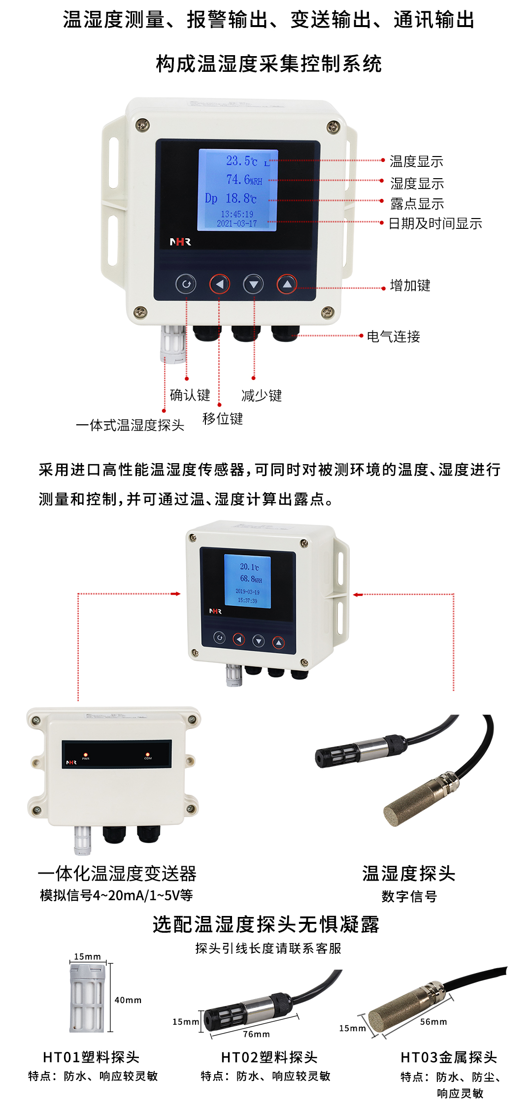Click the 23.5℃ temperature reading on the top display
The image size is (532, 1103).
tap(241, 161)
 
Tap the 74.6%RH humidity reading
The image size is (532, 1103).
tap(244, 180)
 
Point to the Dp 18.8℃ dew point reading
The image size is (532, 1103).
tap(231, 198)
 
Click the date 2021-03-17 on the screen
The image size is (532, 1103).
tap(237, 223)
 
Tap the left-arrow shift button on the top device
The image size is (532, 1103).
tap(220, 284)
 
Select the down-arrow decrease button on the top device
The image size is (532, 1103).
tap(253, 284)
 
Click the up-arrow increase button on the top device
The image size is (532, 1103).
tap(287, 284)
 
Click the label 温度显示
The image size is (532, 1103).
tap(416, 161)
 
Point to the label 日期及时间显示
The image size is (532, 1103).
tap(435, 223)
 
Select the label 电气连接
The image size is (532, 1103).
tap(393, 337)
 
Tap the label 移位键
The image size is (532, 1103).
tap(223, 419)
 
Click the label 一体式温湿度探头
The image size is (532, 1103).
tap(130, 425)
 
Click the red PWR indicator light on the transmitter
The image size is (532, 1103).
tap(86, 755)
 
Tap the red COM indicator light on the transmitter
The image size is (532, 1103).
tap(147, 754)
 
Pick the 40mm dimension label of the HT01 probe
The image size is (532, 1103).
tap(128, 1000)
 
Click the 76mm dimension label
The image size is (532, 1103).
tap(256, 1034)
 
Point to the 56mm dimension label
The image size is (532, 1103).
tap(433, 1022)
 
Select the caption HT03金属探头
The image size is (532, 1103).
tap(449, 1057)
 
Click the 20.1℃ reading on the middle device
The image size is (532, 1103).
tap(249, 567)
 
